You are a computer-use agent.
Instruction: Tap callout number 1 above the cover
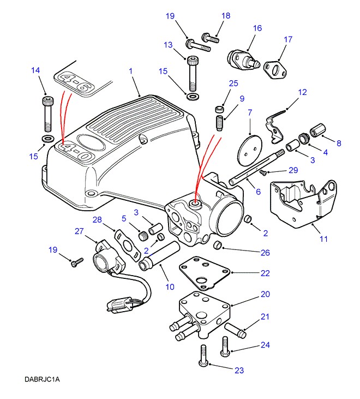coord(131,70)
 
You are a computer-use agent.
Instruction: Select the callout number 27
coord(79,231)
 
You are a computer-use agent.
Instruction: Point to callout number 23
coord(239,371)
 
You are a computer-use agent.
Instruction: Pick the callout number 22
coord(265,272)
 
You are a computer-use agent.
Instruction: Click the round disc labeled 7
coord(248,147)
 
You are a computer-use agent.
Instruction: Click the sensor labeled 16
coord(242,58)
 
